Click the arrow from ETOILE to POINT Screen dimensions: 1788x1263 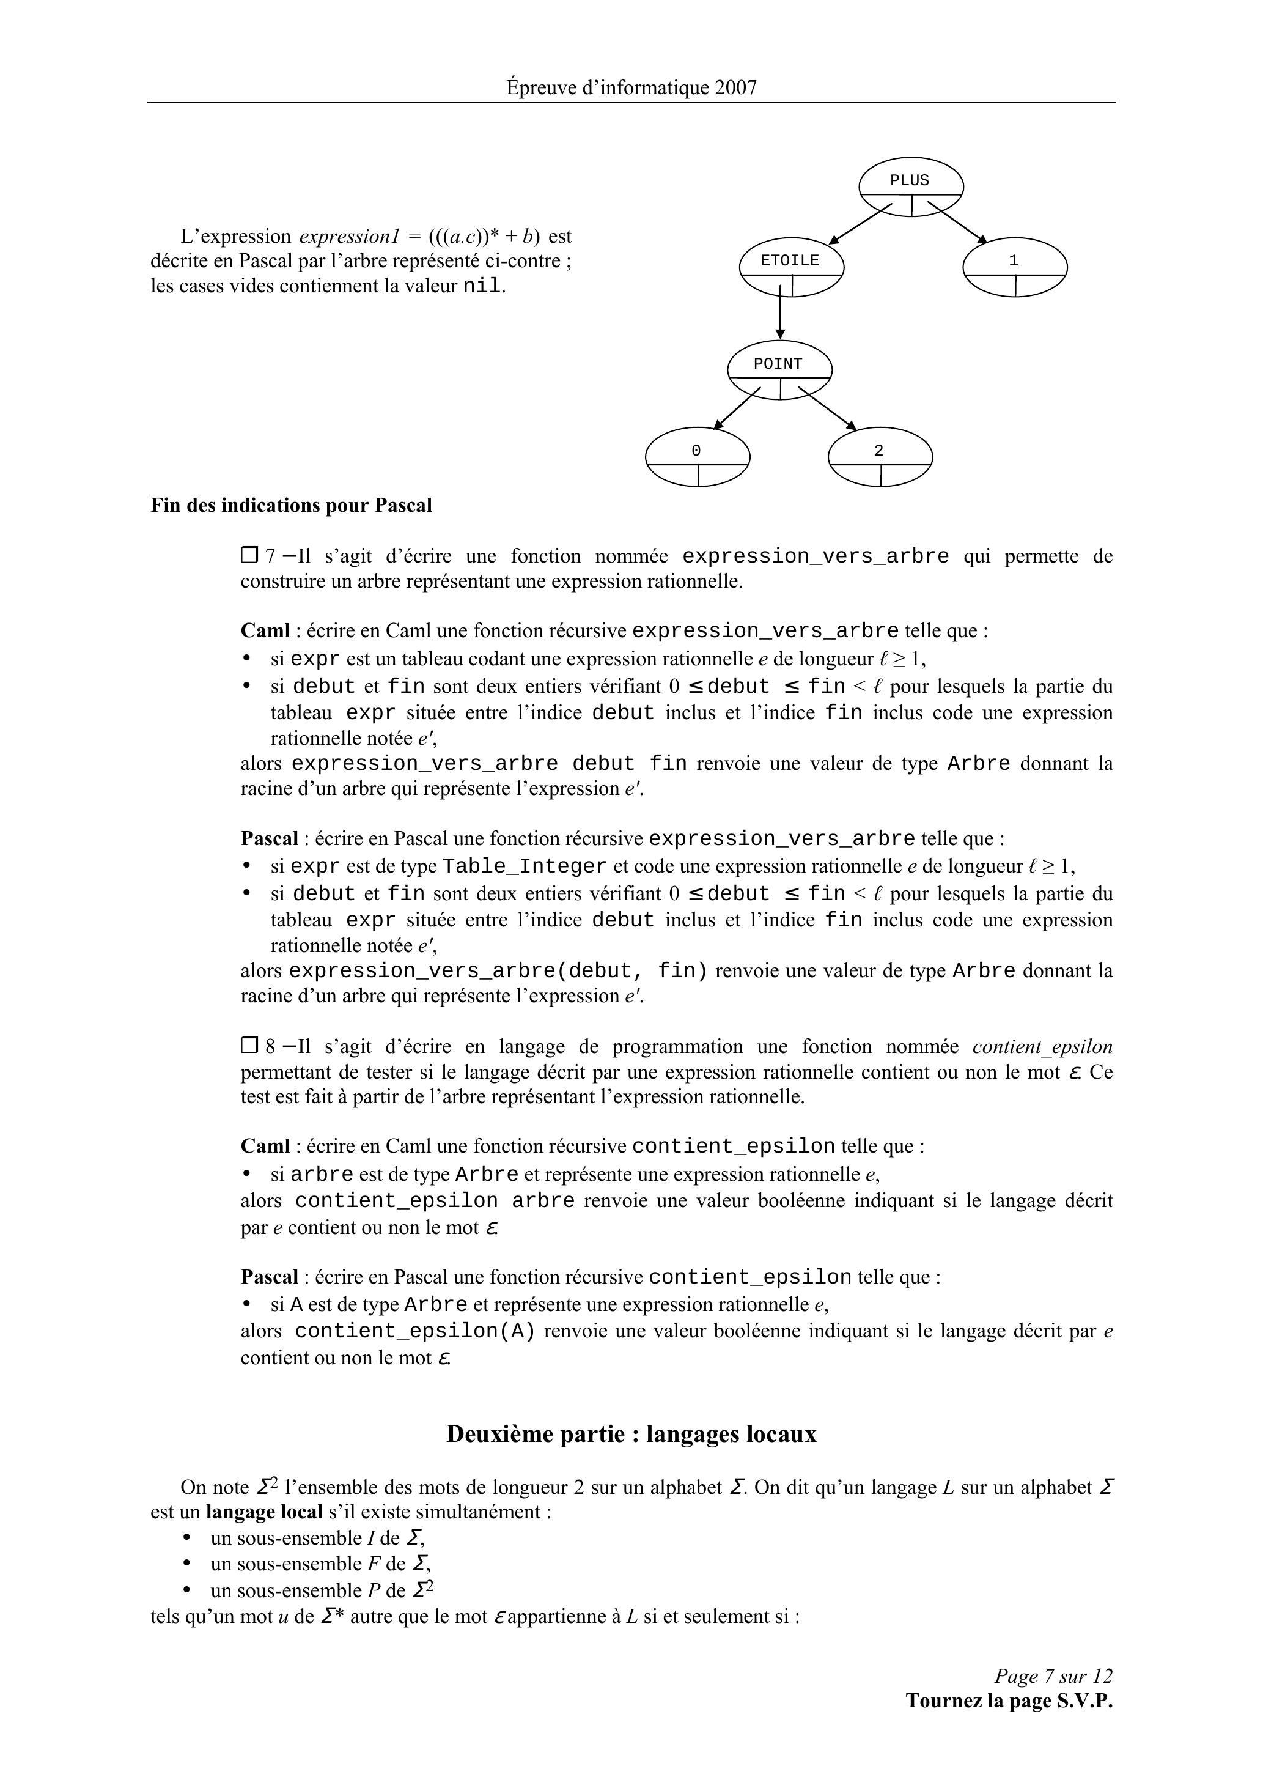coord(780,311)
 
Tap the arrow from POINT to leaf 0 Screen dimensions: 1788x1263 coord(737,409)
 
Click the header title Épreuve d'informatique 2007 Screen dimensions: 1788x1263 coord(631,87)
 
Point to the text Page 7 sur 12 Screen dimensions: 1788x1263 coord(1053,1675)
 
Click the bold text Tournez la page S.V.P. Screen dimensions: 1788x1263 coord(1009,1700)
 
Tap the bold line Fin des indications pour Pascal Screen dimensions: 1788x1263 coord(291,506)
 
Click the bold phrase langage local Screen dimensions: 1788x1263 coord(264,1512)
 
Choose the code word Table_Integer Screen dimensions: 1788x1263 coord(524,866)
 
